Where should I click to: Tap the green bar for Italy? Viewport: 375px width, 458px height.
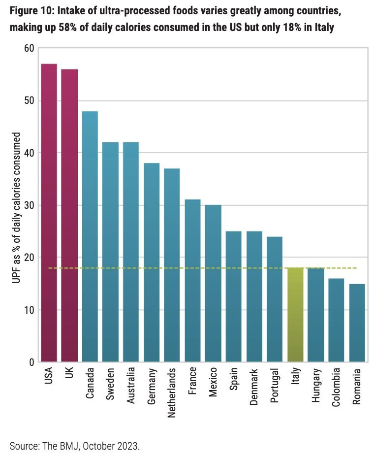point(295,315)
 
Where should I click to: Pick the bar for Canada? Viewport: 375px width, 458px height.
point(90,236)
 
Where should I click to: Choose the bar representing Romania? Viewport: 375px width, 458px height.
point(357,323)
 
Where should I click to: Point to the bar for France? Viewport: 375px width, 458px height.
point(192,281)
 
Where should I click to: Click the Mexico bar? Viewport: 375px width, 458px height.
point(213,283)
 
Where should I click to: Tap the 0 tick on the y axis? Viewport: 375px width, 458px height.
point(31,362)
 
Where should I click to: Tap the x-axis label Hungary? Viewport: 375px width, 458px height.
point(315,388)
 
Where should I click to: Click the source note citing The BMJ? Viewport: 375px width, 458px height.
point(75,446)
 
